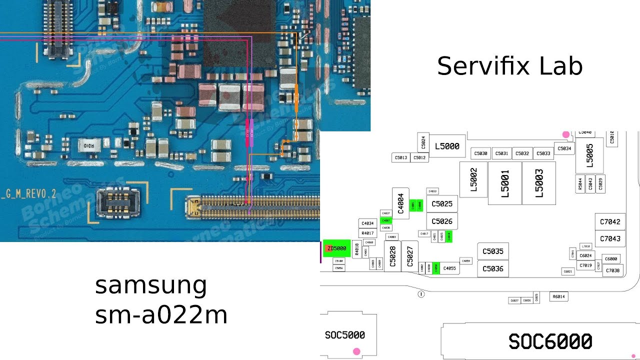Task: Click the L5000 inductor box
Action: pos(447,146)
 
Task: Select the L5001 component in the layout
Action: pos(504,183)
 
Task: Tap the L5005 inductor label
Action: pos(589,155)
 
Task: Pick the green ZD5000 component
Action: pos(336,248)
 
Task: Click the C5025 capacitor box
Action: pos(442,204)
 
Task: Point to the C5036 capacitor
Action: pos(493,268)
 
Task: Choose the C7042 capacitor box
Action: pos(610,222)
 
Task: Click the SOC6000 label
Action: pos(550,341)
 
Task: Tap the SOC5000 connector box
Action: pos(345,335)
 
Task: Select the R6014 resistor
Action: pos(558,297)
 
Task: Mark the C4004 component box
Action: pos(401,204)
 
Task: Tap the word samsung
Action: pos(151,285)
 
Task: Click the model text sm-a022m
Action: pos(161,315)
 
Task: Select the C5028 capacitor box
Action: pos(392,256)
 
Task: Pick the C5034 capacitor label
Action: pos(564,148)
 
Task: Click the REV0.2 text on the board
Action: pos(42,193)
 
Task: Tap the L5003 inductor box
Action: pos(539,183)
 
